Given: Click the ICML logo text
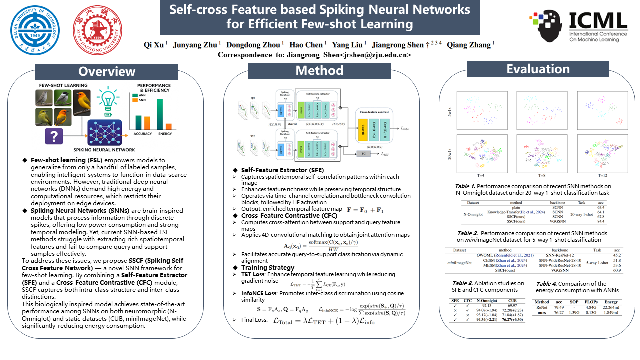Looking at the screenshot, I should [x=598, y=20].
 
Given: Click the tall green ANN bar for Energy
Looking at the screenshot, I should [x=160, y=114].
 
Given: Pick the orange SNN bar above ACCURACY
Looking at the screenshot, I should [x=147, y=123].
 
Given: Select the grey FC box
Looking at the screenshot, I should [x=363, y=154].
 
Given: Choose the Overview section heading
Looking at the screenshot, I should [x=106, y=71].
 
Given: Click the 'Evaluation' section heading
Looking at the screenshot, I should [x=532, y=69].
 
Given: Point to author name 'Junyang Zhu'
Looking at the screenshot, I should [x=195, y=44].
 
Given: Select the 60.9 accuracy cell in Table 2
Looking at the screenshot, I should [x=617, y=270].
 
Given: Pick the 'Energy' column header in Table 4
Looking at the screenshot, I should [x=610, y=302].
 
